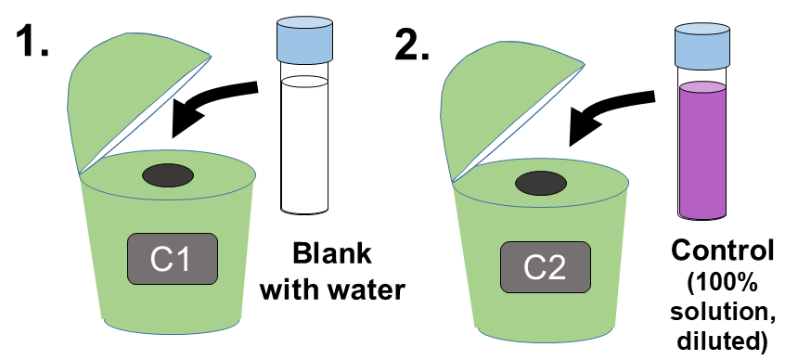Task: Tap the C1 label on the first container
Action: (172, 259)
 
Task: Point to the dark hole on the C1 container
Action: (166, 174)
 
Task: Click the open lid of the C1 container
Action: (130, 93)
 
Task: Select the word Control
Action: (722, 251)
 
